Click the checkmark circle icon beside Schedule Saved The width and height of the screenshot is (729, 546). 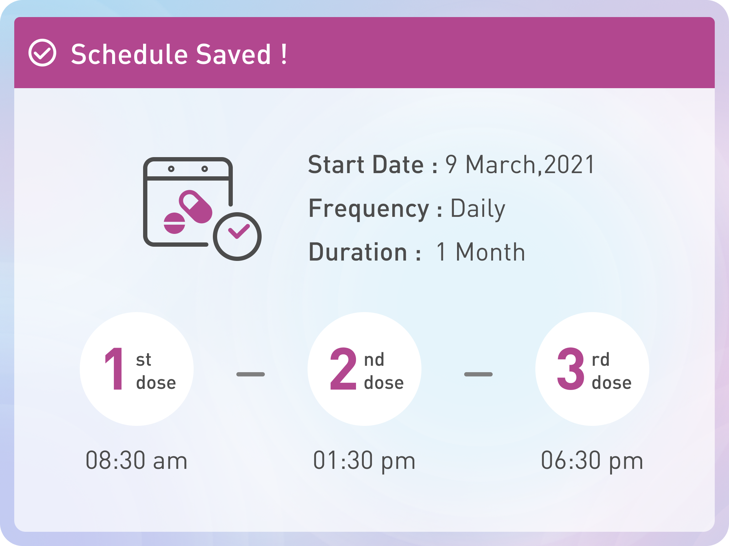coord(42,53)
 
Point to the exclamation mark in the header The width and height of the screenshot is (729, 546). coord(284,54)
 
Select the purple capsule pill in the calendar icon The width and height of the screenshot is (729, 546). coord(195,207)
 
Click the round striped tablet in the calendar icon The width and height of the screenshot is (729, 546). coord(174,223)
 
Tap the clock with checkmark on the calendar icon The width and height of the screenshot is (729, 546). coord(237,236)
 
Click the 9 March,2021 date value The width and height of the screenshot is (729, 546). coord(520,165)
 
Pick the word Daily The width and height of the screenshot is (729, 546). coord(478,209)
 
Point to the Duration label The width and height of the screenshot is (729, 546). coord(365,252)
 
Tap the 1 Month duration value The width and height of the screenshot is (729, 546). coord(481,252)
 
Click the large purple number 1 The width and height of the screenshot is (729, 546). coord(115,369)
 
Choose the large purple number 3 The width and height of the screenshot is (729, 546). coord(571,369)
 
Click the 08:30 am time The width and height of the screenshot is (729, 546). coord(136,461)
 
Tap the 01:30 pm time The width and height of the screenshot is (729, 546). coord(364,461)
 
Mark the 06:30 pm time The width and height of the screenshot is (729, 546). coord(592,461)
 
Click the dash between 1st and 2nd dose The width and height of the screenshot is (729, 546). coord(251,374)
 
